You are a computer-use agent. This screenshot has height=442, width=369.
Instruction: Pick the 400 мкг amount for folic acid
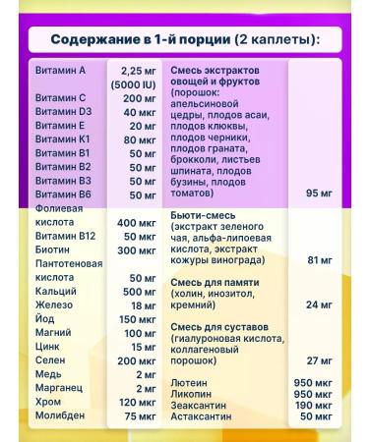[136, 223]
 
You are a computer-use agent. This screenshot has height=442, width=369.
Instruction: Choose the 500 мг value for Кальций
[138, 293]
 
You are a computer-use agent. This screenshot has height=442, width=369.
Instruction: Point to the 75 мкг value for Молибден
[138, 415]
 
